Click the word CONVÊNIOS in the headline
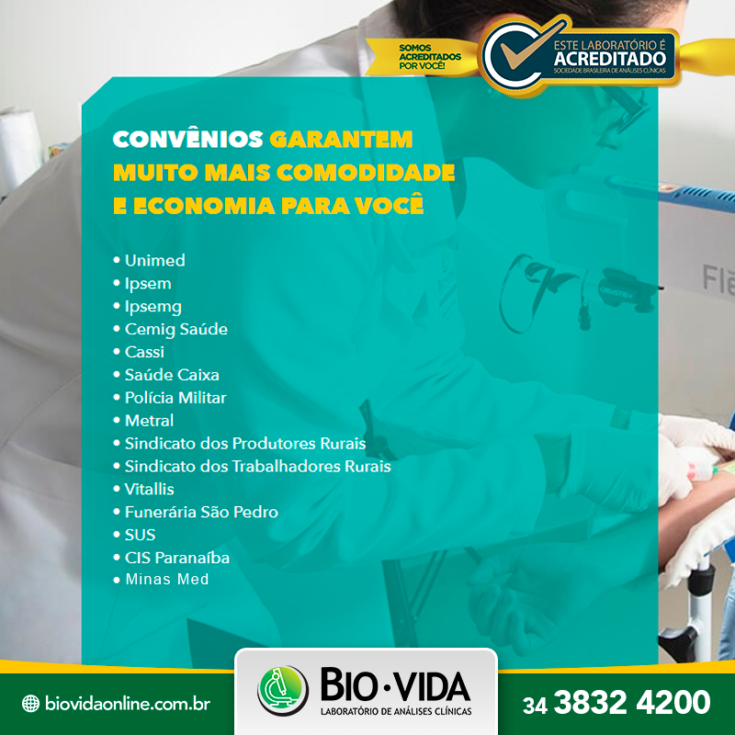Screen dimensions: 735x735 (x=188, y=140)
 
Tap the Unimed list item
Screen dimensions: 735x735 (x=154, y=260)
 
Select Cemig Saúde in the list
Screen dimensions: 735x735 (x=176, y=329)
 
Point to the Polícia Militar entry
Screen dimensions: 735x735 (x=175, y=398)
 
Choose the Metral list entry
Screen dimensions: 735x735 (x=149, y=421)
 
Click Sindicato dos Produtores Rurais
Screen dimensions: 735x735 (x=245, y=444)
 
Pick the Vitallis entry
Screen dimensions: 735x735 (x=149, y=489)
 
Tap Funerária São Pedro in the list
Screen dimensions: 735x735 (x=201, y=512)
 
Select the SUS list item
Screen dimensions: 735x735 (x=141, y=535)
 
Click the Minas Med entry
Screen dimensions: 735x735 (x=167, y=580)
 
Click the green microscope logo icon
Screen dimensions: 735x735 (x=283, y=690)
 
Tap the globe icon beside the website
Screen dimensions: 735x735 (x=30, y=703)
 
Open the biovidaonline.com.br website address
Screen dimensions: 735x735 (x=128, y=703)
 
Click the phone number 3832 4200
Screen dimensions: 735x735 (x=632, y=702)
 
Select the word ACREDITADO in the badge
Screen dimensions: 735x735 (x=610, y=59)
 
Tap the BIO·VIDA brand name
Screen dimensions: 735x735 (x=396, y=685)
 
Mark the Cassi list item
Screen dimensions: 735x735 (x=144, y=352)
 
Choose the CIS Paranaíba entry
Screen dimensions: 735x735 (x=177, y=558)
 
